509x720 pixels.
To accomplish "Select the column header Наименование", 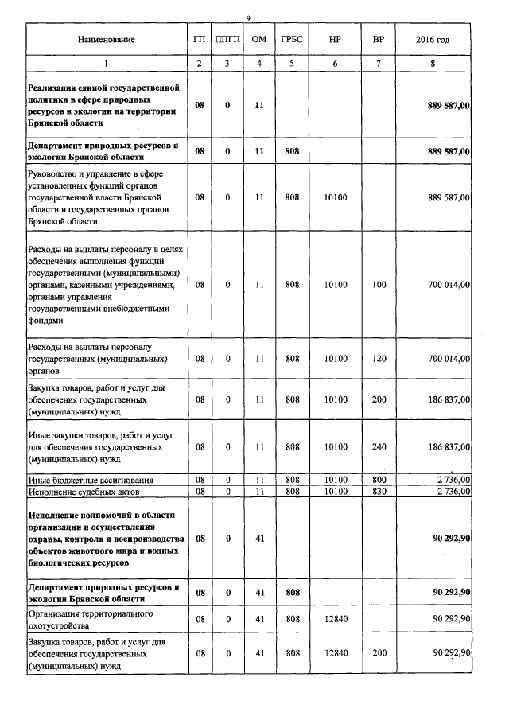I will click(x=106, y=39).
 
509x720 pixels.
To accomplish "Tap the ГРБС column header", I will click(x=292, y=39).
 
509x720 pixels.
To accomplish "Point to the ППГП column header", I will click(x=227, y=39).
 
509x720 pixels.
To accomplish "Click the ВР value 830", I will click(x=379, y=491).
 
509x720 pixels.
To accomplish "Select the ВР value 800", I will click(x=379, y=481).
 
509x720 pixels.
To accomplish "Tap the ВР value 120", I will click(x=379, y=359).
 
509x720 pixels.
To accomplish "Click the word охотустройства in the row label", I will click(x=60, y=625).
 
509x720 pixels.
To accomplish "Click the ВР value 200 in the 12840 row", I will click(x=379, y=653).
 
